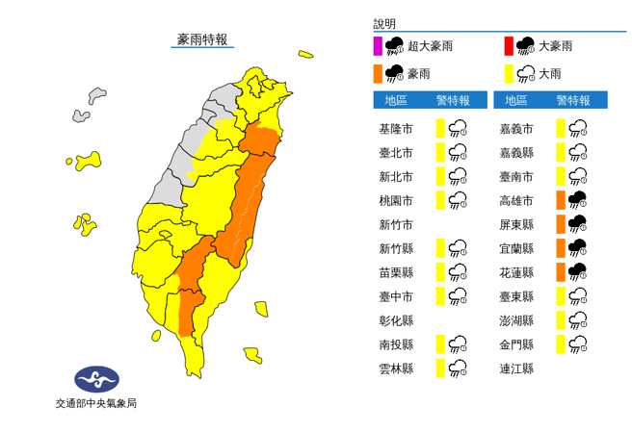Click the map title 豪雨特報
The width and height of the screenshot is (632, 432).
201,39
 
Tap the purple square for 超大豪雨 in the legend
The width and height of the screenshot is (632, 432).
378,45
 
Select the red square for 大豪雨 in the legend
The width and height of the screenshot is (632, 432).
507,45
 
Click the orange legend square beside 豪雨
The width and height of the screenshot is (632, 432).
378,73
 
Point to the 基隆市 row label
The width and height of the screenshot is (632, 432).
397,128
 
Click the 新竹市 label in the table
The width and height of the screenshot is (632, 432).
397,224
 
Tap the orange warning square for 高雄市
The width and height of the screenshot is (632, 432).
559,200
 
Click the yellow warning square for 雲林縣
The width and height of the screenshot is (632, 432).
438,368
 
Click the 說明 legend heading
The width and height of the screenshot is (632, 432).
384,24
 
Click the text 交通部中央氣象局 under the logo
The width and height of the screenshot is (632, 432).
95,403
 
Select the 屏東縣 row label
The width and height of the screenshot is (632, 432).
516,224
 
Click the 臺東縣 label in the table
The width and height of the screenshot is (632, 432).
516,296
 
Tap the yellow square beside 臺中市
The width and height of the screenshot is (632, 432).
438,295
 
